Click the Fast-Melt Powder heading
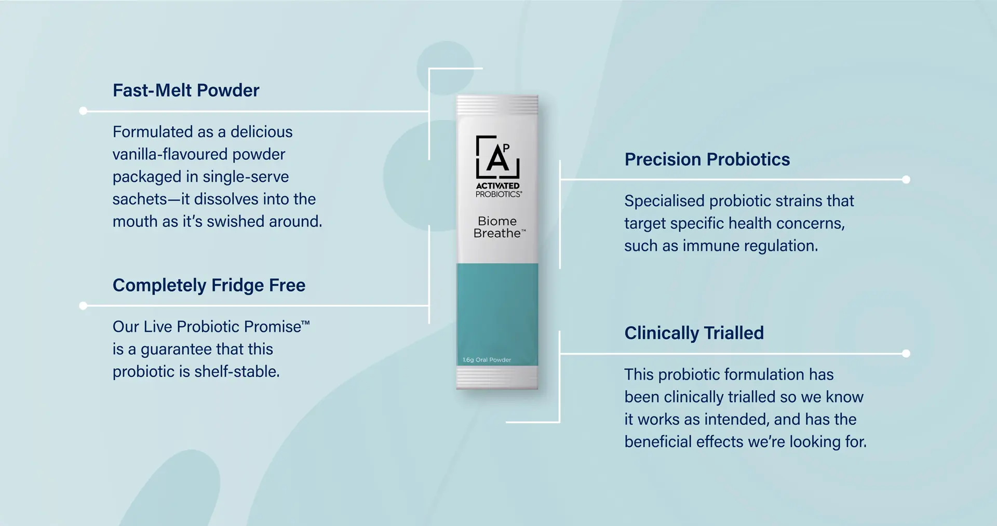(x=186, y=90)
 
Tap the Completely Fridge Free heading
(x=209, y=285)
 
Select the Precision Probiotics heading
(x=707, y=159)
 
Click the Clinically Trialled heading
(x=694, y=333)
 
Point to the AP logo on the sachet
(x=497, y=156)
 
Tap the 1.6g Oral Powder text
(x=487, y=360)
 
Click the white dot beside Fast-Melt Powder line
(x=83, y=111)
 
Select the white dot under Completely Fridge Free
(x=83, y=306)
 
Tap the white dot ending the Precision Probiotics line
(x=906, y=180)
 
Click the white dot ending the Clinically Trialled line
(x=906, y=354)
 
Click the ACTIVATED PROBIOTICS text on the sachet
(x=498, y=190)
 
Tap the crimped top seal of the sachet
(x=497, y=105)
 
